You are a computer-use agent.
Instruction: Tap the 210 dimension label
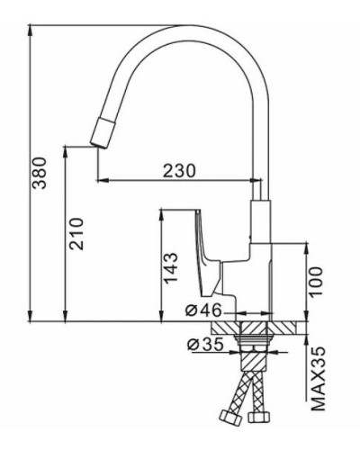pyautogui.click(x=76, y=234)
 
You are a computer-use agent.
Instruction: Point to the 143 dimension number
pyautogui.click(x=171, y=268)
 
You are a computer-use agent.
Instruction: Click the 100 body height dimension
pyautogui.click(x=315, y=281)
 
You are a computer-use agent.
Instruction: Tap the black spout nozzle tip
pyautogui.click(x=99, y=134)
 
